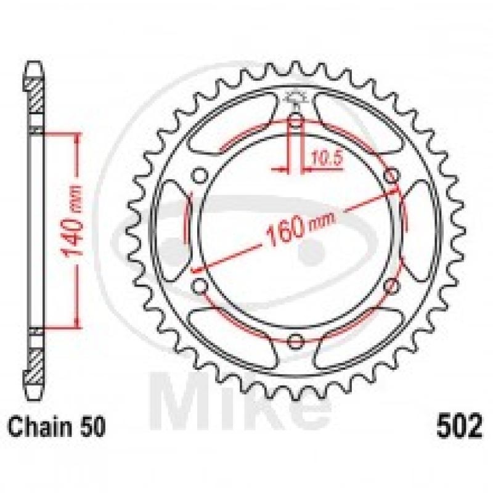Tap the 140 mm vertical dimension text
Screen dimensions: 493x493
[72, 221]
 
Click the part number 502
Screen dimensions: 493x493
[458, 425]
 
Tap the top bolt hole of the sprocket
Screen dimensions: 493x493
[295, 120]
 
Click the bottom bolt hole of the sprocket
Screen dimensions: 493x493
[296, 341]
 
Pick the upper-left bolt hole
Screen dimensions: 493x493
[200, 176]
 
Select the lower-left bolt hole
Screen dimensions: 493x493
[200, 286]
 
